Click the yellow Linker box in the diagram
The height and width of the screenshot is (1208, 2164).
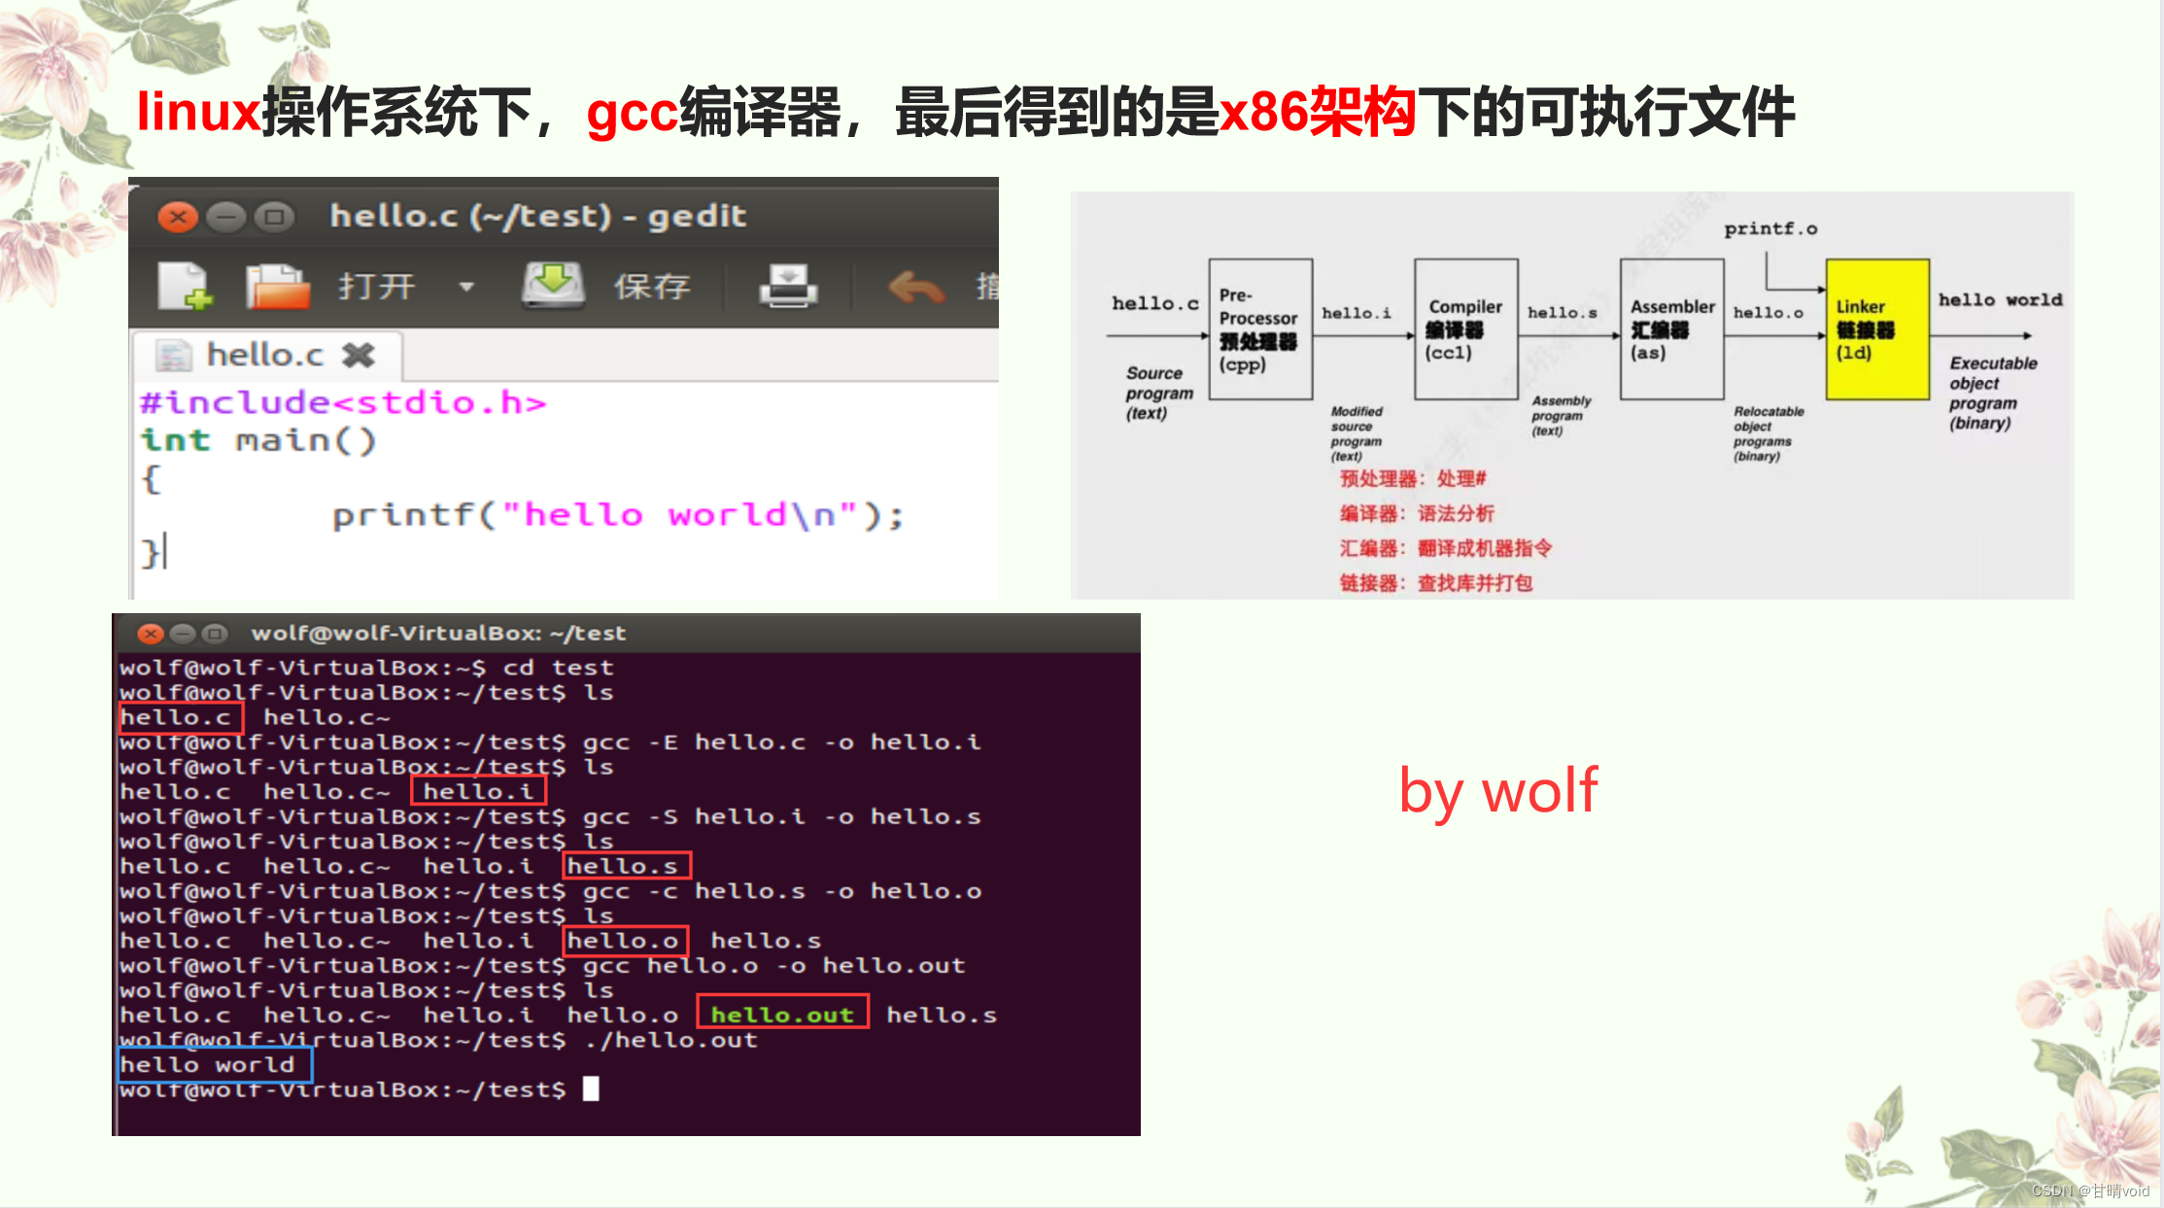pyautogui.click(x=1876, y=329)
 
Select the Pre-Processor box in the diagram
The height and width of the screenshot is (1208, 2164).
pyautogui.click(x=1260, y=329)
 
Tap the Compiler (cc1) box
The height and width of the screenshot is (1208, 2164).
pyautogui.click(x=1465, y=329)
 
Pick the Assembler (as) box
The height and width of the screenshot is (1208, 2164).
pyautogui.click(x=1671, y=329)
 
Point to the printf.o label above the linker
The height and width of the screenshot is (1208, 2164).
pyautogui.click(x=1769, y=228)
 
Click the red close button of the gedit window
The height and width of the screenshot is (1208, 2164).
pyautogui.click(x=178, y=217)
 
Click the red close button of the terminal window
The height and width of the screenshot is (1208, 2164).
pyautogui.click(x=151, y=634)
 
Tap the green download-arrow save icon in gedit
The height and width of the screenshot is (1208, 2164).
pyautogui.click(x=553, y=285)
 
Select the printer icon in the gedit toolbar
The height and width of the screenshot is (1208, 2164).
pyautogui.click(x=788, y=286)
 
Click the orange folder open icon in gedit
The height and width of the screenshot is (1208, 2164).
pyautogui.click(x=277, y=287)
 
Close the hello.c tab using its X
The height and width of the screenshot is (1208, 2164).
pyautogui.click(x=359, y=356)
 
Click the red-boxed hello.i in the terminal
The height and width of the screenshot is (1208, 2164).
pyautogui.click(x=478, y=791)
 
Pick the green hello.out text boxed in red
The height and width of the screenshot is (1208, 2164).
pyautogui.click(x=782, y=1015)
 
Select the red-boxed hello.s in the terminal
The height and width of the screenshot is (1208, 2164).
pyautogui.click(x=626, y=866)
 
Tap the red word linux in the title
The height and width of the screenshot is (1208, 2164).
pyautogui.click(x=198, y=112)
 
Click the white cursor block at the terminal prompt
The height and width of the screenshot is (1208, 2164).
pyautogui.click(x=591, y=1088)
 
